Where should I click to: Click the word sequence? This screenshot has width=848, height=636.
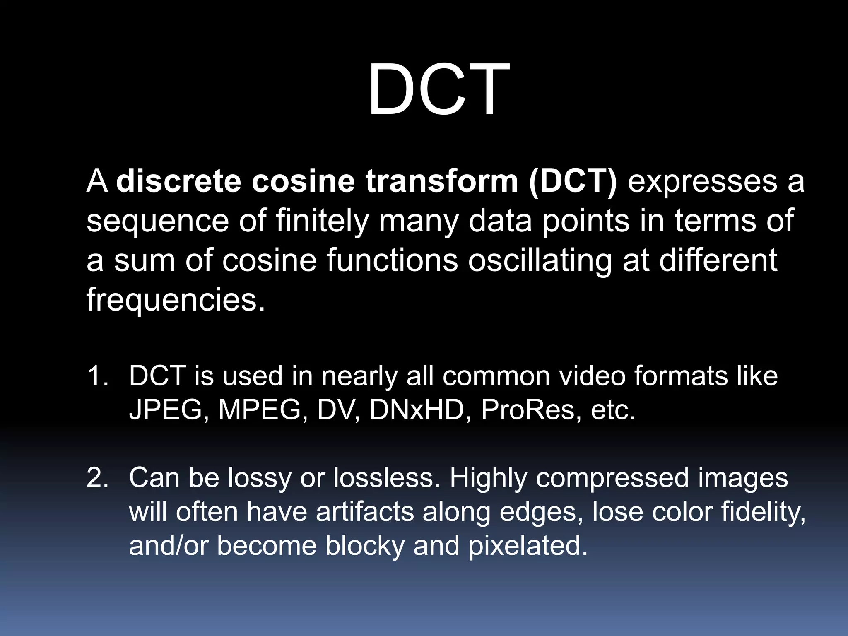(157, 222)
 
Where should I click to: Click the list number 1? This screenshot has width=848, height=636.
(97, 376)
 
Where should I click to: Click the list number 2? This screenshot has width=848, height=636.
(97, 478)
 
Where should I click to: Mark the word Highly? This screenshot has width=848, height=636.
(488, 479)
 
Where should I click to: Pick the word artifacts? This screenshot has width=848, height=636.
(365, 512)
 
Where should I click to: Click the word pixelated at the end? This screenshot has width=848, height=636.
(528, 546)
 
